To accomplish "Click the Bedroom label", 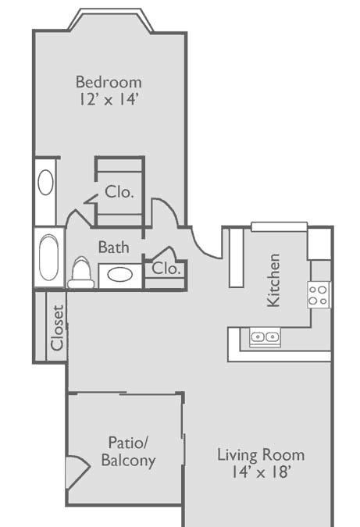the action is (x=109, y=83).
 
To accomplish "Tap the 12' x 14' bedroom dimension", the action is (x=109, y=99).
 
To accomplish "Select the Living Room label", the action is (x=261, y=455).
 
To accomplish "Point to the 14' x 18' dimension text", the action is (x=261, y=472).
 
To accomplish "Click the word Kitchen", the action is (x=273, y=280).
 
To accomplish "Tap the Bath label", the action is (x=113, y=247).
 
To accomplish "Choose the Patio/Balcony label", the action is (x=128, y=451).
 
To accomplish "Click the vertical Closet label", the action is (x=57, y=328).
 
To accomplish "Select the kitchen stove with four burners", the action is (x=318, y=295).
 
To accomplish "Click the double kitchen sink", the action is (x=265, y=336).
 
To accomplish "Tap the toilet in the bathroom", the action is (x=80, y=272).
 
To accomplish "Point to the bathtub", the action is (x=49, y=258).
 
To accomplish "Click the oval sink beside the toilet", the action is (x=120, y=275).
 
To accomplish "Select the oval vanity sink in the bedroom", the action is (x=45, y=183).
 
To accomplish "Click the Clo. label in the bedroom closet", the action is (x=119, y=192).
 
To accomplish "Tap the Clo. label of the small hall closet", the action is (x=166, y=269).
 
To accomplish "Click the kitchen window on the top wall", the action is (x=279, y=226).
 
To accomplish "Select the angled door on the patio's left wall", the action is (x=78, y=472).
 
